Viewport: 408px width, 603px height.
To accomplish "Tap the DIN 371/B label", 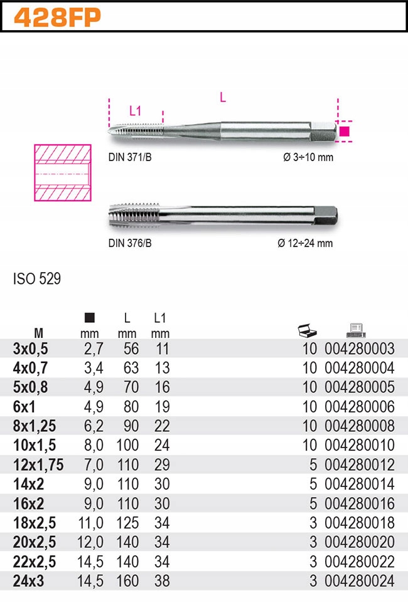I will tap(130, 157).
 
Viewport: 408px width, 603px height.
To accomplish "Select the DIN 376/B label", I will tap(130, 243).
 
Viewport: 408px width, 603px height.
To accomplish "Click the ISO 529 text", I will tap(37, 279).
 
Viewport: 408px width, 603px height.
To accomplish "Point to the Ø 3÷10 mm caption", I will tap(308, 157).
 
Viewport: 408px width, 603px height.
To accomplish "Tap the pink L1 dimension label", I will tap(135, 112).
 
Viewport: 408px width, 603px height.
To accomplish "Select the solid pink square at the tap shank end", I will tap(345, 132).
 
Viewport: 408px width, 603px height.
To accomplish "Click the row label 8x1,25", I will tap(35, 426).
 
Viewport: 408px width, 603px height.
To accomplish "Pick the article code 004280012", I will tap(359, 465).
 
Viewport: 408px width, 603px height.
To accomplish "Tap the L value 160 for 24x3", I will tap(127, 582).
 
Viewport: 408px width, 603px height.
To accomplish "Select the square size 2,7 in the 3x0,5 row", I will tap(94, 349).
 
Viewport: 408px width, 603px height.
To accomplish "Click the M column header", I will tap(38, 333).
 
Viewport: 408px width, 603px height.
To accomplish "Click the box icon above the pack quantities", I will tap(307, 330).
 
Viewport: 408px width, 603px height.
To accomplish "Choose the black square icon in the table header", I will tap(90, 318).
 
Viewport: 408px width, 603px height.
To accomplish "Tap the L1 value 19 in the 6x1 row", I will tap(162, 407).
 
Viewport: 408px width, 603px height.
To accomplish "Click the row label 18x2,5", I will tap(35, 523).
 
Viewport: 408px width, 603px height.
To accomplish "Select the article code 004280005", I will tap(359, 387).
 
